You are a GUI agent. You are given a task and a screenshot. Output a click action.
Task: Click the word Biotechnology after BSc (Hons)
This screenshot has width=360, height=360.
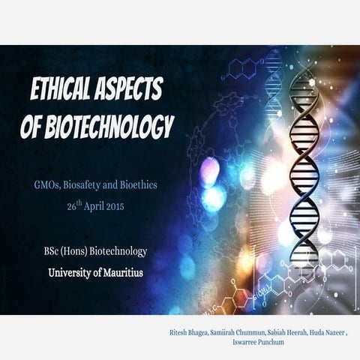click(x=122, y=251)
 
